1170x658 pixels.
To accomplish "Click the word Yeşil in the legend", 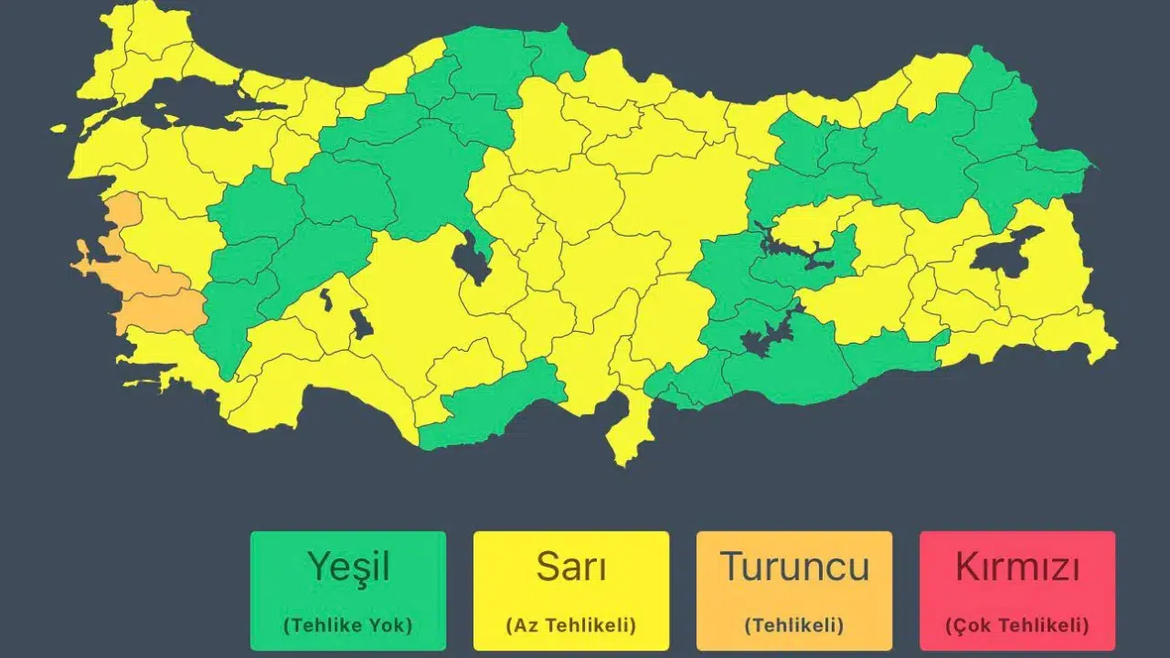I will pos(348,568).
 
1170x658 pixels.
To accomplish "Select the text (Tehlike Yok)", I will pos(347,626).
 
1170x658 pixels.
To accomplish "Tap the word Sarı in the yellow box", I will pos(570,568).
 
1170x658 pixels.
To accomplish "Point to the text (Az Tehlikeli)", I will pos(570,626).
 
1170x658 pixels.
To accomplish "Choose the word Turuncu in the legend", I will pos(793,568).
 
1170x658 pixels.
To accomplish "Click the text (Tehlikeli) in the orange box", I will pos(793,626).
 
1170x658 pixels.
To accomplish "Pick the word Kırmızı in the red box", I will pos(1016,568).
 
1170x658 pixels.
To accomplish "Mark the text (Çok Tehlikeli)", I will pos(1016,626).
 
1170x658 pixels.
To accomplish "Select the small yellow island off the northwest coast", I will pos(58,129).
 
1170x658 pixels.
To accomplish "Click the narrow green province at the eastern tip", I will pos(1060,160).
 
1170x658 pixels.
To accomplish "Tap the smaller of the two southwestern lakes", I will pos(325,297).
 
